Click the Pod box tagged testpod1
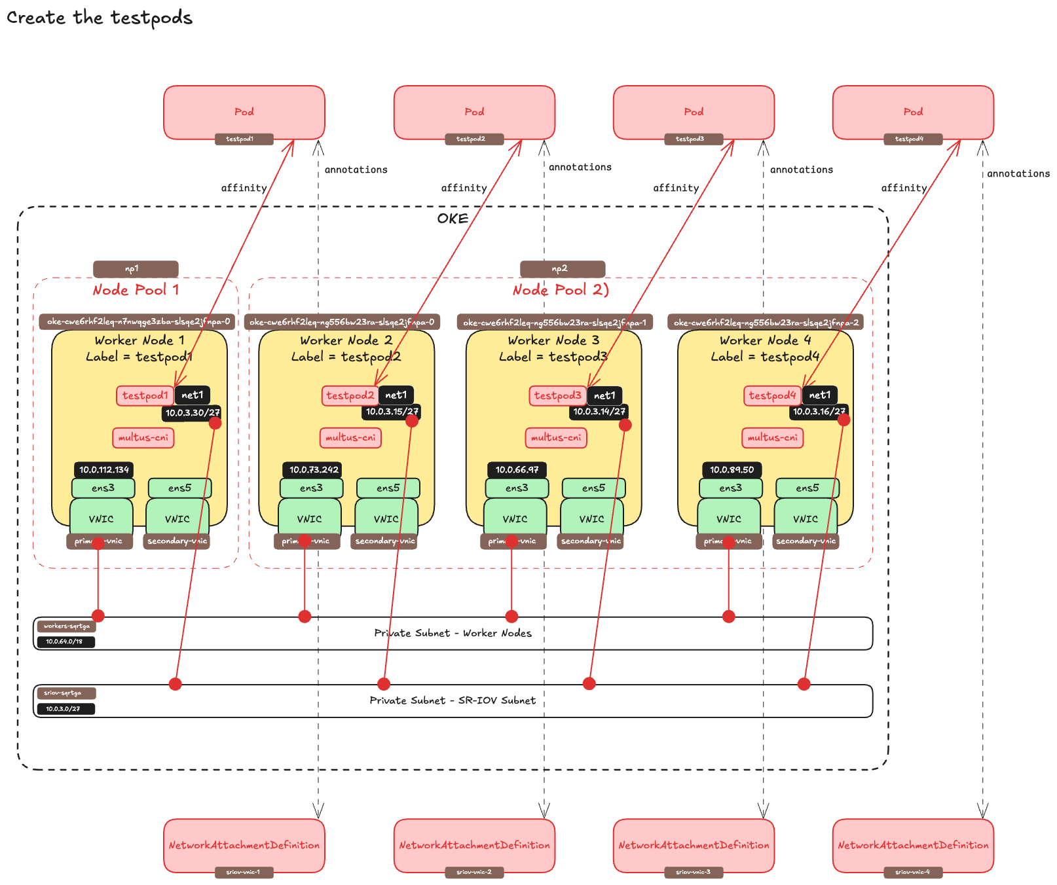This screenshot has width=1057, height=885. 244,112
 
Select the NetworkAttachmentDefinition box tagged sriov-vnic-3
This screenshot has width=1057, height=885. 694,845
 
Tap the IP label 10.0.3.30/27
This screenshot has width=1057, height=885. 191,413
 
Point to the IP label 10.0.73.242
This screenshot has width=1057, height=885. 313,470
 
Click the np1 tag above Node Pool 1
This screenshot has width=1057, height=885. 135,269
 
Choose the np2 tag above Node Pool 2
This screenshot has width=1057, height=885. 562,269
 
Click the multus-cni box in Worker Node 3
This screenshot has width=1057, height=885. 555,438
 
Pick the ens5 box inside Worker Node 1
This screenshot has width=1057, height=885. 179,488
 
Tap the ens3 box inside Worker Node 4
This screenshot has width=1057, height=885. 730,488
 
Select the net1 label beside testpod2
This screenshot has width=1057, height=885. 396,395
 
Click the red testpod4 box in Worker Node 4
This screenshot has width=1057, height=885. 772,395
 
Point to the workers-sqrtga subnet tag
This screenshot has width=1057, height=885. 66,626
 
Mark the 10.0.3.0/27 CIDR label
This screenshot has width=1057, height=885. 65,709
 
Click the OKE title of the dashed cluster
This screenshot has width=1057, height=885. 453,219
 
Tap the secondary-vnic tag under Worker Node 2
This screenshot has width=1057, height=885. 384,541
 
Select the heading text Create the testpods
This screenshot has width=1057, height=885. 100,18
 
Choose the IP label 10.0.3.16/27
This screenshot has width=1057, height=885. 819,412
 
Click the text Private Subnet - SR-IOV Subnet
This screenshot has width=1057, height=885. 453,700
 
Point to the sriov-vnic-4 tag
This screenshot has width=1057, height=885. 912,872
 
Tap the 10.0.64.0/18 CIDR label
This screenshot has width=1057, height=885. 65,641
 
